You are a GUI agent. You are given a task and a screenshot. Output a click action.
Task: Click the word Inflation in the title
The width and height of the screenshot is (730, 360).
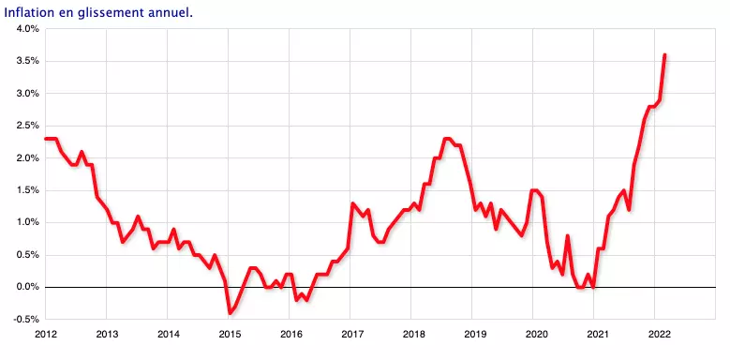pyautogui.click(x=31, y=11)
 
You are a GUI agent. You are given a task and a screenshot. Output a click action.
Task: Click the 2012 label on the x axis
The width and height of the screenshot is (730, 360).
pyautogui.click(x=45, y=334)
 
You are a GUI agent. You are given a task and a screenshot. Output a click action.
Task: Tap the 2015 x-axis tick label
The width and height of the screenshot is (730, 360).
pyautogui.click(x=230, y=334)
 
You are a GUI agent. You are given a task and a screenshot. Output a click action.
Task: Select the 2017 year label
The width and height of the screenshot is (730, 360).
pyautogui.click(x=352, y=334)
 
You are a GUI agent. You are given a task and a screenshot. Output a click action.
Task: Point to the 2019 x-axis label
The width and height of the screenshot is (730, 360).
pyautogui.click(x=475, y=334)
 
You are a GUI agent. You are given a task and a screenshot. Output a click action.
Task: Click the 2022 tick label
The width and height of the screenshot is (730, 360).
pyautogui.click(x=659, y=334)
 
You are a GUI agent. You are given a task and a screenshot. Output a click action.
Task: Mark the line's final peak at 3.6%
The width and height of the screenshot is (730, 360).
pyautogui.click(x=664, y=55)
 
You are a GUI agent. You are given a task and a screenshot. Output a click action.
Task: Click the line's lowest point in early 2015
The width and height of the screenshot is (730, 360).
pyautogui.click(x=230, y=312)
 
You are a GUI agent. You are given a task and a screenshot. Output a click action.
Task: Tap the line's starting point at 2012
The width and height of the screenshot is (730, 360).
pyautogui.click(x=46, y=139)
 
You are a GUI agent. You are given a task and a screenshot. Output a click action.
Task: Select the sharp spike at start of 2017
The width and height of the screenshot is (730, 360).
pyautogui.click(x=352, y=203)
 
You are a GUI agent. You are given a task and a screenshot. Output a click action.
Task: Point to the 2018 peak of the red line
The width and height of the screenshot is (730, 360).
pyautogui.click(x=446, y=139)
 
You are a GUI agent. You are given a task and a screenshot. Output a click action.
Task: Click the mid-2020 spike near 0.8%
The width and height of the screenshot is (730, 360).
pyautogui.click(x=568, y=235)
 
